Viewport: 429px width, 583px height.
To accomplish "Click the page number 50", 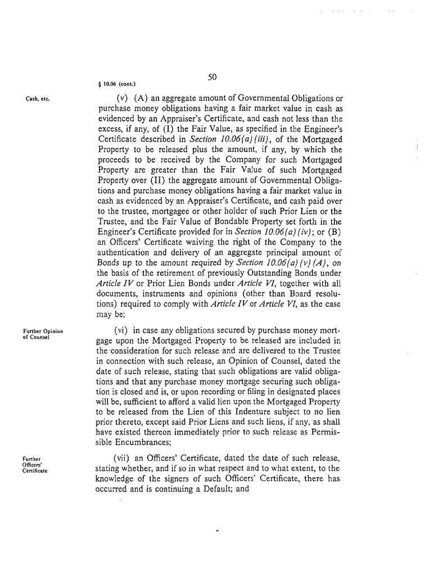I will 213,77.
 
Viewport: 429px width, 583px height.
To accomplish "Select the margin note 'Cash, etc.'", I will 38,99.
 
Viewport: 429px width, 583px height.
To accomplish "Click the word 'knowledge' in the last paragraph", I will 119,478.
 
